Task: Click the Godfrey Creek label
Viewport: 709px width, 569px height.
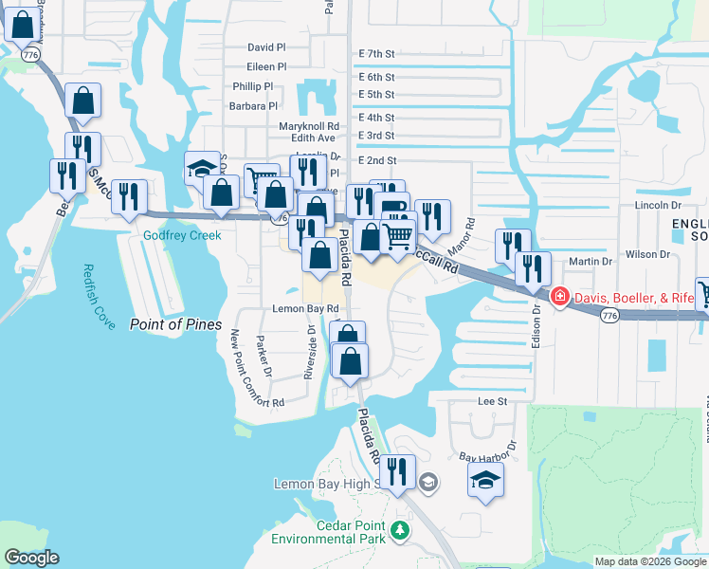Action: click(182, 236)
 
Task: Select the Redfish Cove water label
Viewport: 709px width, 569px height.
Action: click(98, 297)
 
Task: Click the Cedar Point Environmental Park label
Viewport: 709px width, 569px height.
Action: click(328, 532)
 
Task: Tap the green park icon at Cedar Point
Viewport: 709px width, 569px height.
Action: click(401, 531)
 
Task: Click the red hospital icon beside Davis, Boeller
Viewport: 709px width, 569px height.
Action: click(560, 298)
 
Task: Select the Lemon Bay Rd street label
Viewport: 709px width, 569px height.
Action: click(305, 309)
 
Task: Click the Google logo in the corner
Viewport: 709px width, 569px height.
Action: click(31, 558)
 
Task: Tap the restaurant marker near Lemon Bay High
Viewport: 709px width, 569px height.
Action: click(398, 471)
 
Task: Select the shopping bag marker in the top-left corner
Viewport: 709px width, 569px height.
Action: click(22, 24)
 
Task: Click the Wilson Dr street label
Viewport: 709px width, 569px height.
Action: click(647, 254)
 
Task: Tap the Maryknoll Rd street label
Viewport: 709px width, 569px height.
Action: click(309, 126)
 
